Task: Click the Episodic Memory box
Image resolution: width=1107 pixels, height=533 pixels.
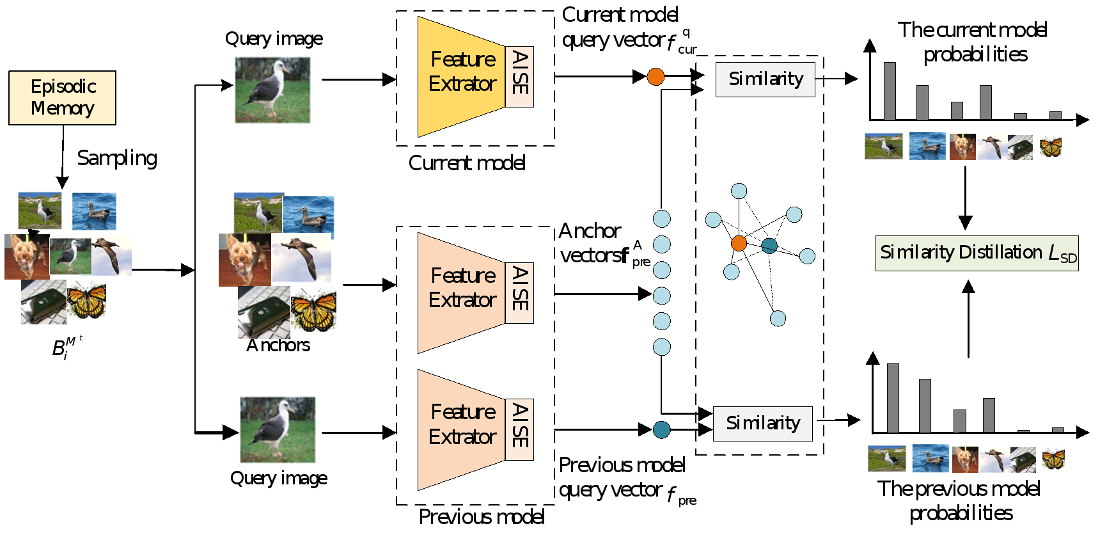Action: (x=62, y=97)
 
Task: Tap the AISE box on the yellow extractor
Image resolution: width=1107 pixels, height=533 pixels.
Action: (x=519, y=76)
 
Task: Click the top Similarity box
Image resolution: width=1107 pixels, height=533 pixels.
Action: (x=765, y=79)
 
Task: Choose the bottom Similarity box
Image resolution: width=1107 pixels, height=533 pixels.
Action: (x=762, y=424)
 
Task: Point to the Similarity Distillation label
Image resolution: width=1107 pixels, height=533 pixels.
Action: (x=977, y=253)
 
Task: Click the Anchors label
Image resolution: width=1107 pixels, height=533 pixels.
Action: (x=278, y=346)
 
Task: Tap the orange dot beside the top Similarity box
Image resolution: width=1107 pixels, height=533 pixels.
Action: (x=656, y=77)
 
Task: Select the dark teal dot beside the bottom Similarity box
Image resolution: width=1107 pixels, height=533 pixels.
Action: (x=661, y=429)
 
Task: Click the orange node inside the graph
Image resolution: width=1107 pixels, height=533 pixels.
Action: (x=739, y=243)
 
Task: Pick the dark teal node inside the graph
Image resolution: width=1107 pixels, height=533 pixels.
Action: (x=769, y=246)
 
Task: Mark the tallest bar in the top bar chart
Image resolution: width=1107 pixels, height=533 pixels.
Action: (x=890, y=91)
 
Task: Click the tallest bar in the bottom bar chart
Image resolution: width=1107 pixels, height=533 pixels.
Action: (x=893, y=398)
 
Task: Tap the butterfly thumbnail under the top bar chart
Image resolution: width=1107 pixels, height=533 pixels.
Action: (x=1050, y=147)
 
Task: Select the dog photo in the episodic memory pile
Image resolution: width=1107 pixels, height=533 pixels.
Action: (x=26, y=256)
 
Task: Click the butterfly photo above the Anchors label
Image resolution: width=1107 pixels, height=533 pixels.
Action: (x=313, y=310)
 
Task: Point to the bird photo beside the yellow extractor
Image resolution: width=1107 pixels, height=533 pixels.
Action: (x=272, y=90)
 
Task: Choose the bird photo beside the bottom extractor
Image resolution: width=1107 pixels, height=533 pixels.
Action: (x=278, y=429)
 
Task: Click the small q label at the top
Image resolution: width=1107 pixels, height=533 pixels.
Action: (x=686, y=31)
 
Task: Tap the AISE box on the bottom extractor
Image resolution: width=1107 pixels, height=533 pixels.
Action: (x=519, y=429)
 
